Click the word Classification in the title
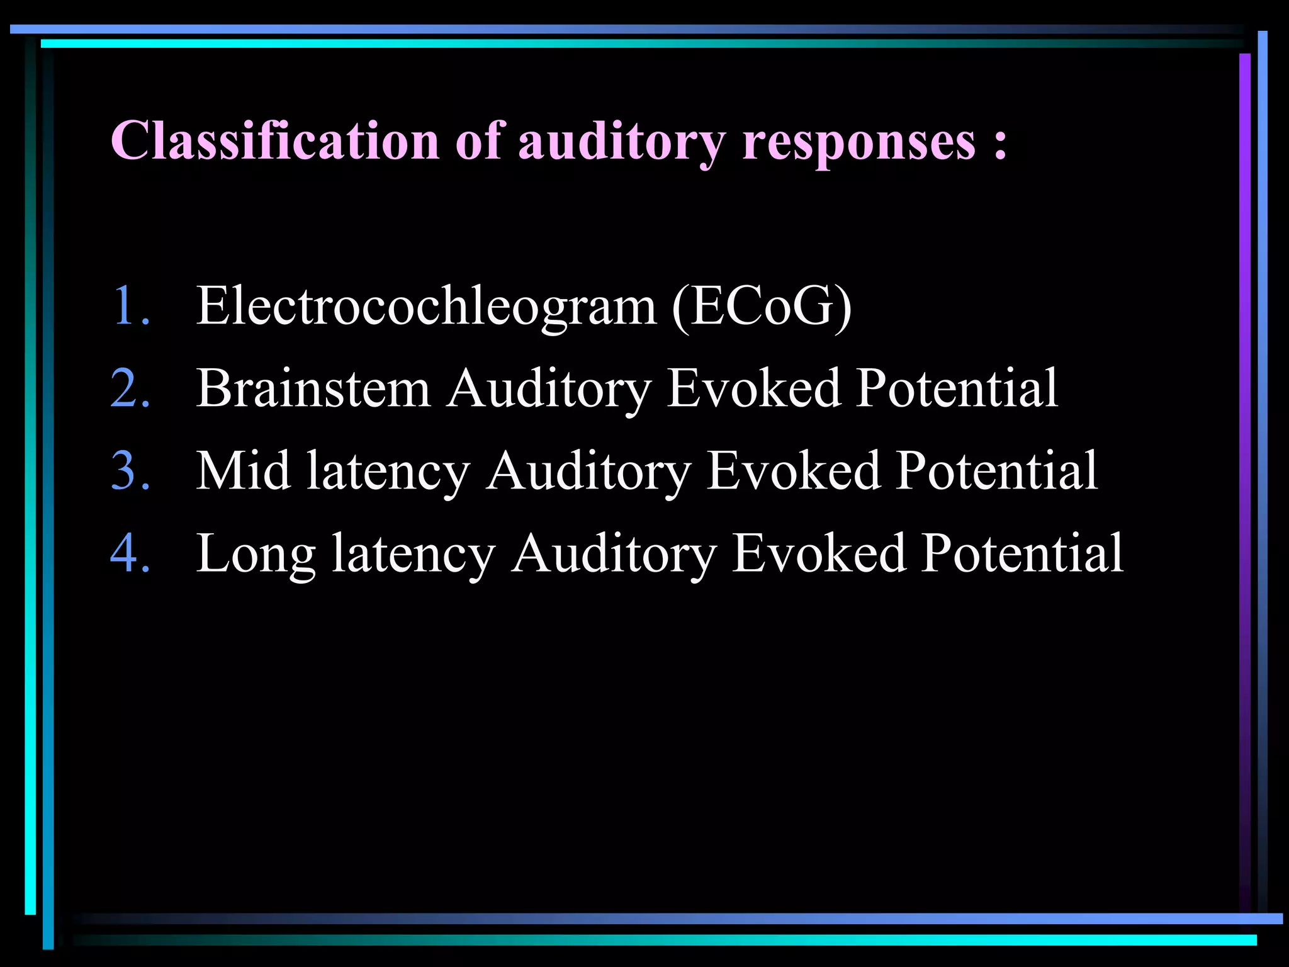(x=274, y=140)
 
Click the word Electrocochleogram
(x=426, y=307)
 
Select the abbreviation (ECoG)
(x=762, y=307)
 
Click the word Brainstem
(x=313, y=388)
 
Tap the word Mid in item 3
(x=243, y=471)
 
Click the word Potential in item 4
(x=1022, y=553)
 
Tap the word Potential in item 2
(x=957, y=388)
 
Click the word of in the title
(x=480, y=140)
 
